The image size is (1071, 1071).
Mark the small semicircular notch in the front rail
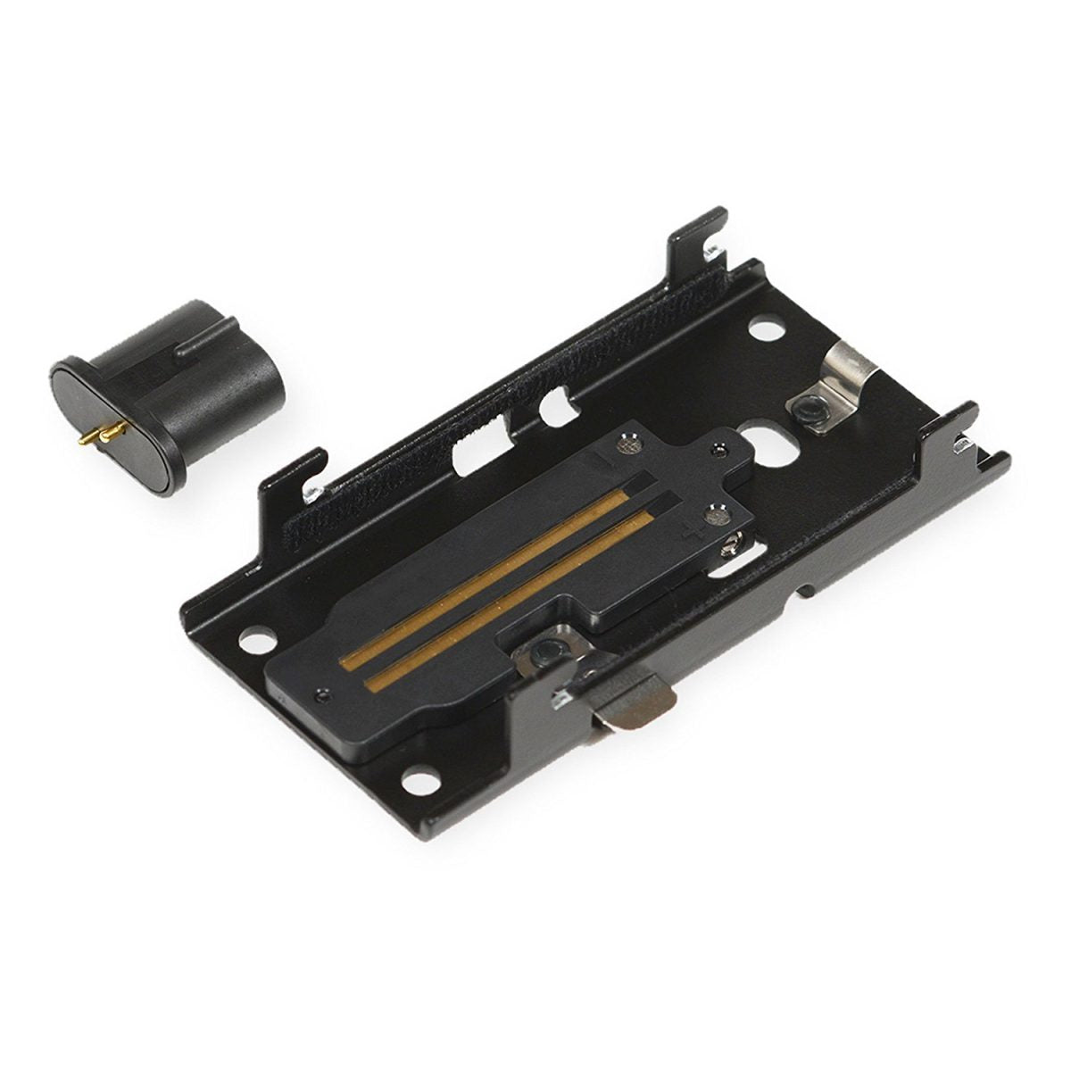pyautogui.click(x=808, y=589)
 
